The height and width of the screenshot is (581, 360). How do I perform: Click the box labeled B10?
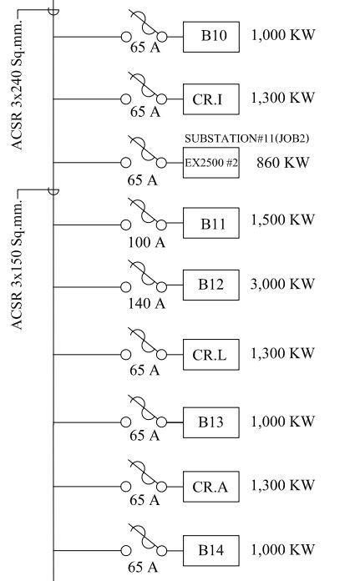click(x=211, y=37)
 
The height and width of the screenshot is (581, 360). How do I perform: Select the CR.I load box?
click(x=211, y=99)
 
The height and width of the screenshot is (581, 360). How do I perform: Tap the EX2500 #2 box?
click(x=211, y=163)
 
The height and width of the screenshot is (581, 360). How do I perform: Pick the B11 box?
click(x=211, y=223)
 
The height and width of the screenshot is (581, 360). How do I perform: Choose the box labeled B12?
click(x=211, y=285)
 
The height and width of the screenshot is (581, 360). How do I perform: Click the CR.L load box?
click(x=211, y=355)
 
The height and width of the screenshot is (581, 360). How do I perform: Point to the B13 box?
click(x=211, y=422)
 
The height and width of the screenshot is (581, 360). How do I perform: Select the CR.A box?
click(x=211, y=487)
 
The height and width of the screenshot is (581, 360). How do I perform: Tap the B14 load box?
click(x=211, y=551)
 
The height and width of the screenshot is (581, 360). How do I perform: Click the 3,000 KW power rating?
click(x=282, y=284)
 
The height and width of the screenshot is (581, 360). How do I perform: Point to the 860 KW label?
click(x=283, y=162)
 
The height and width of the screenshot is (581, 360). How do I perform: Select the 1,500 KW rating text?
click(x=283, y=220)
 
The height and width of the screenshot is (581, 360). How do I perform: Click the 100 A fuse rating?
click(x=146, y=243)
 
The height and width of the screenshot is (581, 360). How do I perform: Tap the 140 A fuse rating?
click(x=146, y=304)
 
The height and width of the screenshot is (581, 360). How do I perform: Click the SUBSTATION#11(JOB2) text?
click(x=247, y=139)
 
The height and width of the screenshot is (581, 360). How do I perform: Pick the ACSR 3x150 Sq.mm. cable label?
click(x=17, y=264)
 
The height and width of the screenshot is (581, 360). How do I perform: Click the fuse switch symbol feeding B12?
click(x=145, y=277)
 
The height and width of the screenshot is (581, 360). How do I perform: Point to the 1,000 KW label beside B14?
click(x=283, y=549)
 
